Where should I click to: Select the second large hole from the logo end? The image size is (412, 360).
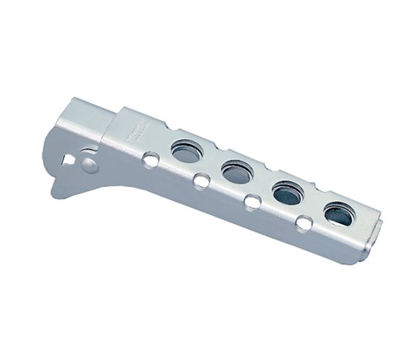tap(236, 172)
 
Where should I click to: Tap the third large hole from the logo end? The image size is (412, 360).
tap(288, 193)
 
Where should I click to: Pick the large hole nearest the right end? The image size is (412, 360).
tap(338, 215)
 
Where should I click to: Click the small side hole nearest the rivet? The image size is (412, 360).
tap(150, 159)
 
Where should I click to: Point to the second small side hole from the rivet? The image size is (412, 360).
tap(201, 180)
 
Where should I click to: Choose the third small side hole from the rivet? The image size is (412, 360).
tap(252, 200)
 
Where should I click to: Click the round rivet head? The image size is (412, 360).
tap(89, 165)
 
